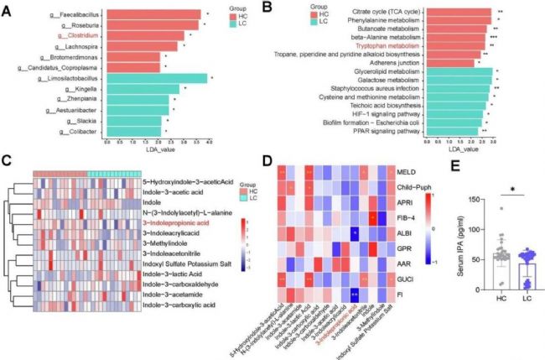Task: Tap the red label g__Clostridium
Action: pos(74,36)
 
